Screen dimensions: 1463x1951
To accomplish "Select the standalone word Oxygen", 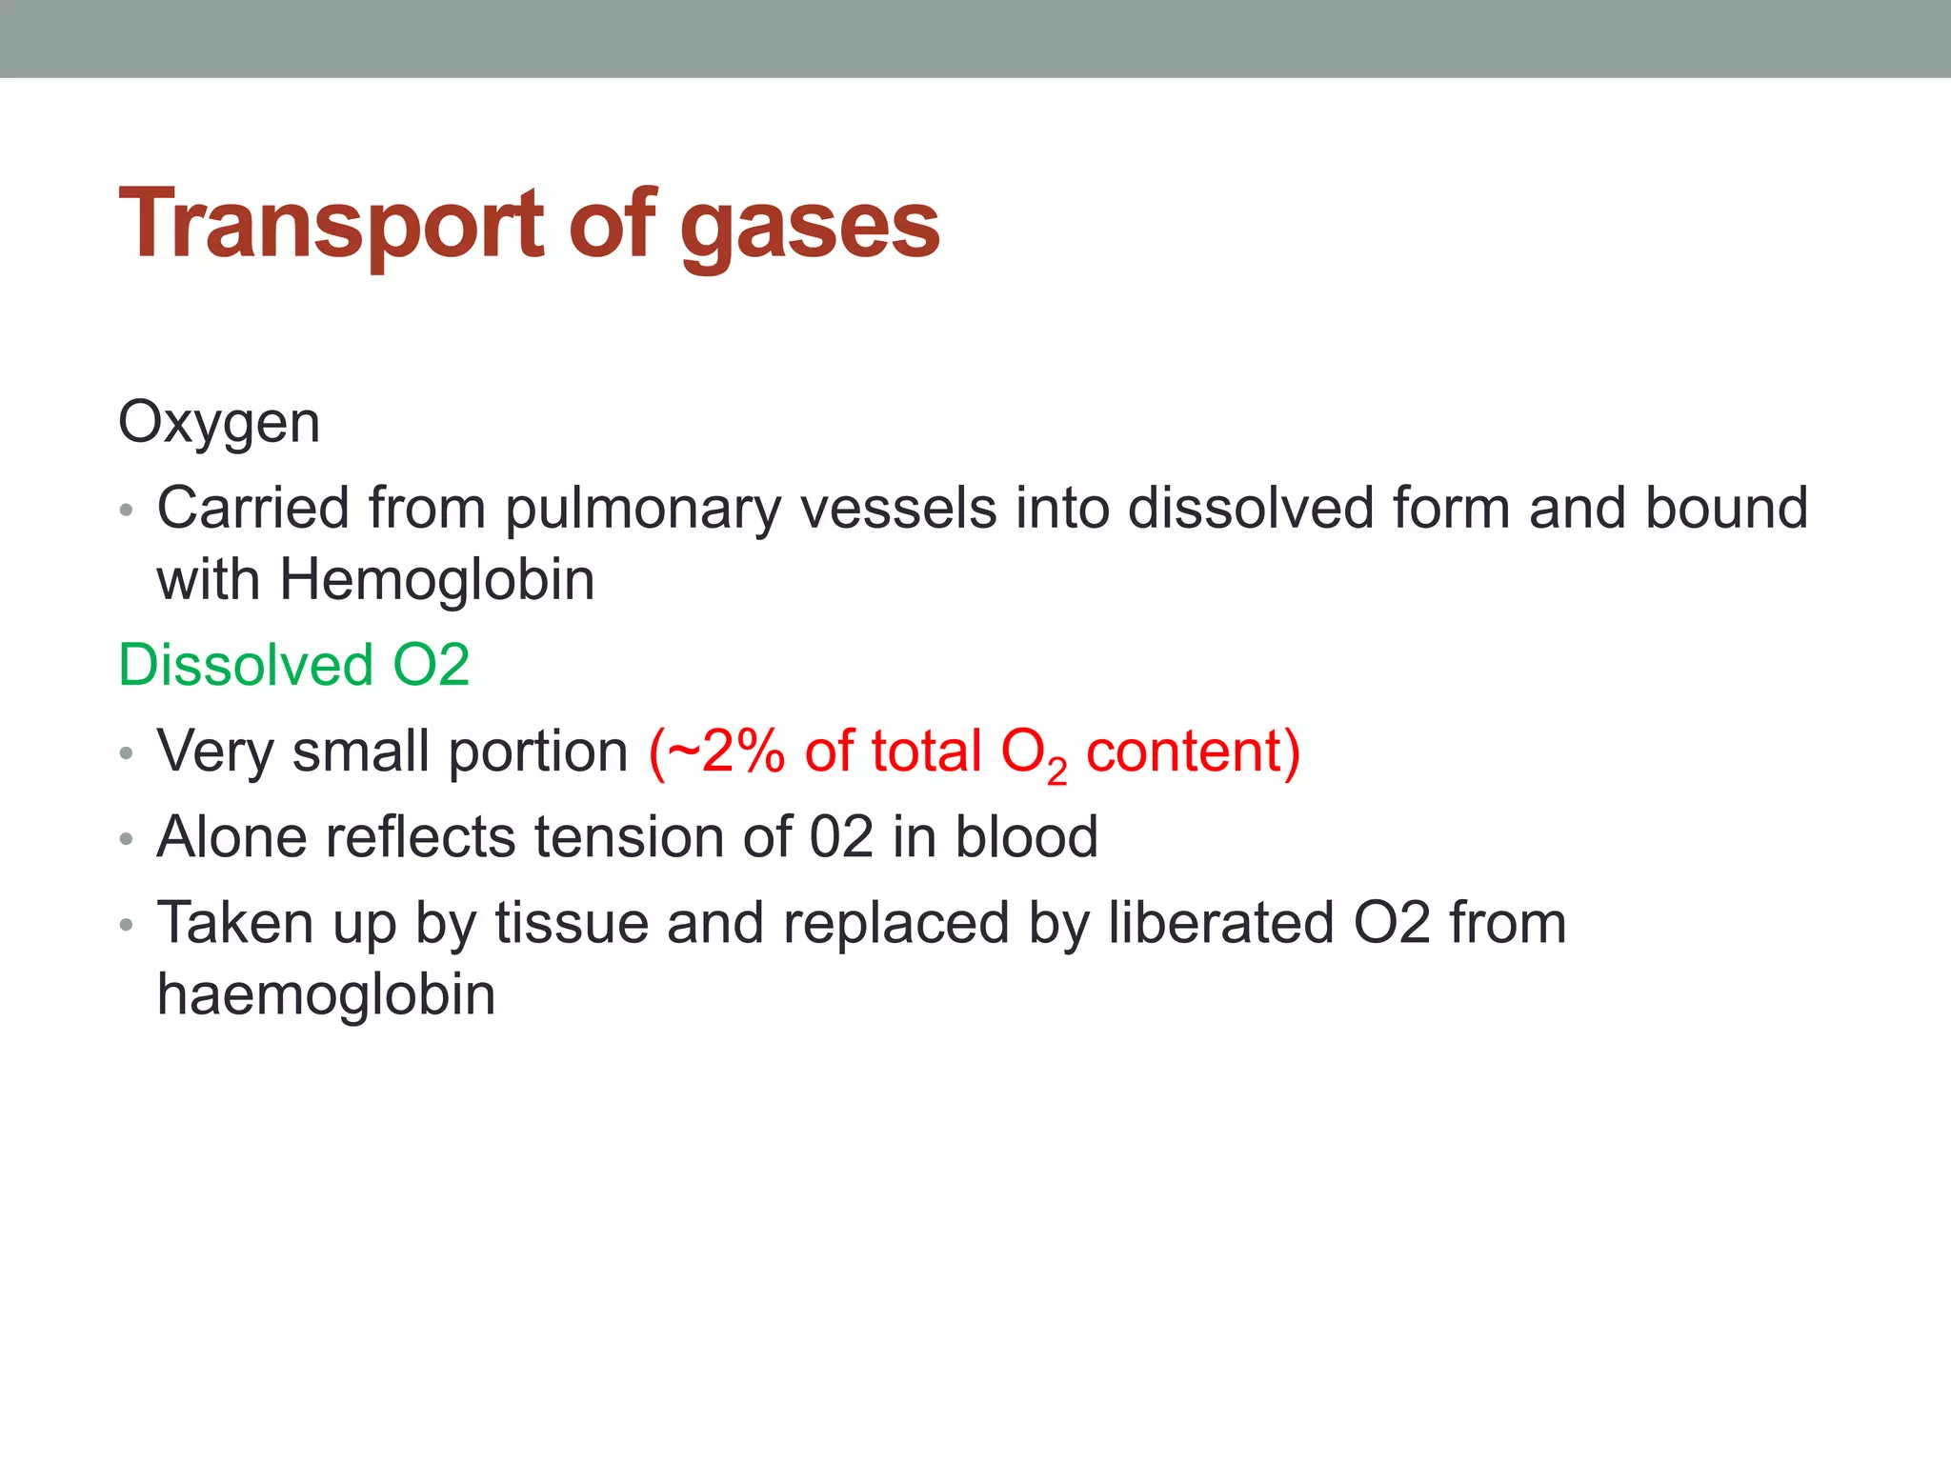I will click(x=219, y=423).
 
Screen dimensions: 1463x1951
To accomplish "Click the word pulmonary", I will click(x=643, y=509).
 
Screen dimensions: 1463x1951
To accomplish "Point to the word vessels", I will click(x=898, y=509).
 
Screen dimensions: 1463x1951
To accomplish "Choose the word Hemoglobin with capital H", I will click(x=436, y=580).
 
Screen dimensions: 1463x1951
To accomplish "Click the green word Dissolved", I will click(x=245, y=665).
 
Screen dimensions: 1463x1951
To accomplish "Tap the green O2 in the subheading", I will click(x=432, y=665).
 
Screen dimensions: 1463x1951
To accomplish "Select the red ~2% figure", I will click(x=716, y=752).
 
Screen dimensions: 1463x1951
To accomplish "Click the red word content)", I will click(x=1193, y=752).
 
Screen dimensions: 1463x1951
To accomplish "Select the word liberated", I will click(x=1220, y=923).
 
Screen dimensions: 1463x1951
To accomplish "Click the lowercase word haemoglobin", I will click(x=326, y=995).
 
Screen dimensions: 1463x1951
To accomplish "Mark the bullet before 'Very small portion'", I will click(x=127, y=754).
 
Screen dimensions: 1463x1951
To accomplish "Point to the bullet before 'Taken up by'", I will click(x=127, y=926).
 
